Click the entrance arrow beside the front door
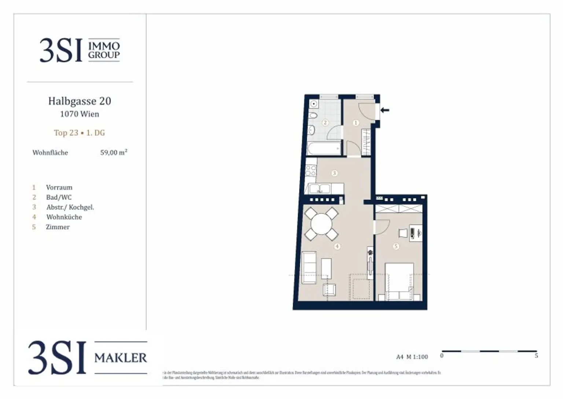tap(384, 110)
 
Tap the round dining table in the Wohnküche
tap(321, 224)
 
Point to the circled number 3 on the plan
tap(334, 173)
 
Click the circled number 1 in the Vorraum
tap(356, 123)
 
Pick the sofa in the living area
tap(309, 268)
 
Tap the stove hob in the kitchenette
tap(311, 171)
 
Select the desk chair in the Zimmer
tap(403, 233)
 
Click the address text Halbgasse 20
tap(80, 101)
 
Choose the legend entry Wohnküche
tap(64, 217)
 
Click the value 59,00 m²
tap(114, 153)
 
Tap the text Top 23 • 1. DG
tap(80, 133)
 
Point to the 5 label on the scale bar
tap(536, 356)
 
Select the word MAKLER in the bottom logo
tap(121, 358)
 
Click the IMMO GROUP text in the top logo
tap(104, 50)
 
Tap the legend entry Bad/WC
tap(59, 197)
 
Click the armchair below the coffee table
tap(329, 290)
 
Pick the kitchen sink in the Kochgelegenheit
tap(320, 189)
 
